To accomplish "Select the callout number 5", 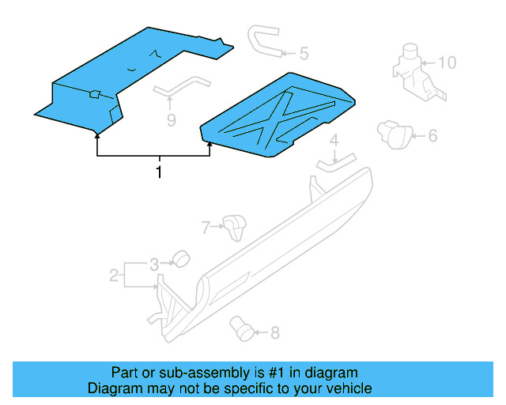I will [304, 54].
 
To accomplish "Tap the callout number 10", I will [447, 62].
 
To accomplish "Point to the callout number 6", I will [432, 136].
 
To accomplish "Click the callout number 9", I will [170, 119].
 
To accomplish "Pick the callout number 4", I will [334, 141].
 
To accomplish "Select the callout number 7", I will [206, 228].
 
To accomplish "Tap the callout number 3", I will [155, 263].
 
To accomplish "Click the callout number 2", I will [114, 275].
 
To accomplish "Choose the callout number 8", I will [274, 333].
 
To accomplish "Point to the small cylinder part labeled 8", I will [241, 326].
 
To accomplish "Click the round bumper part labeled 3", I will [181, 258].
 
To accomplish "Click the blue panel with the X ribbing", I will [278, 113].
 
